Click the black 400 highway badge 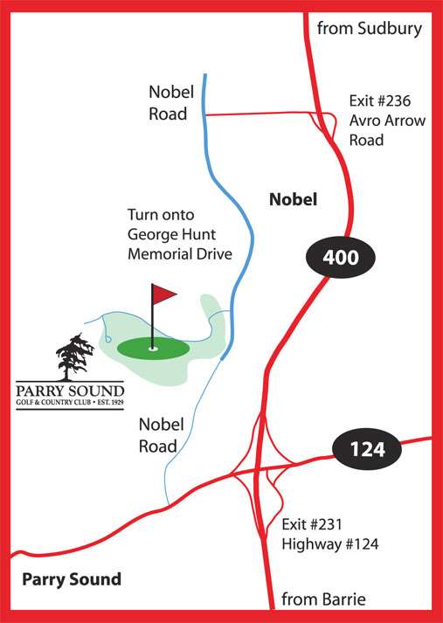click(340, 257)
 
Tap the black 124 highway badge click(367, 451)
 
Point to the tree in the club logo click(73, 356)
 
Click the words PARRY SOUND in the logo click(69, 390)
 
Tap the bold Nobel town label click(293, 200)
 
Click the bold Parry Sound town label click(72, 579)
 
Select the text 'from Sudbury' click(370, 29)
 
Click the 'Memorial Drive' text click(179, 254)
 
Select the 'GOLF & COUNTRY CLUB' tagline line click(69, 404)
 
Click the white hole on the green click(154, 349)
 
